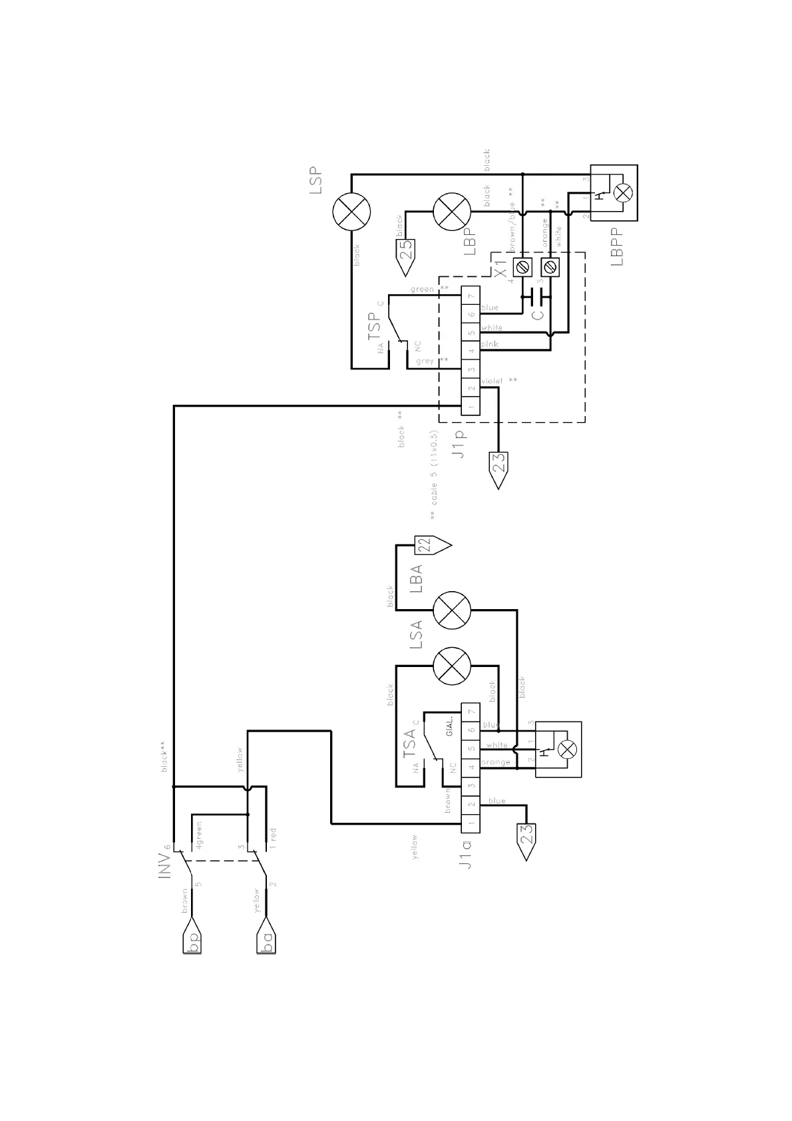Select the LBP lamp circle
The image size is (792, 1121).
coord(452,212)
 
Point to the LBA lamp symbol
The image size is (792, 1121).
coord(452,610)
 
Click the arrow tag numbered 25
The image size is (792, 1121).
coord(407,254)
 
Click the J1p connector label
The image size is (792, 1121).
coord(459,442)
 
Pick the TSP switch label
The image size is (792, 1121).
coord(375,326)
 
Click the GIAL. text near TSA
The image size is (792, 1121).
coord(450,727)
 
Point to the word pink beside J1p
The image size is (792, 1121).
coord(490,344)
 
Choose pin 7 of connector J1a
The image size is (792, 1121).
coord(471,712)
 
